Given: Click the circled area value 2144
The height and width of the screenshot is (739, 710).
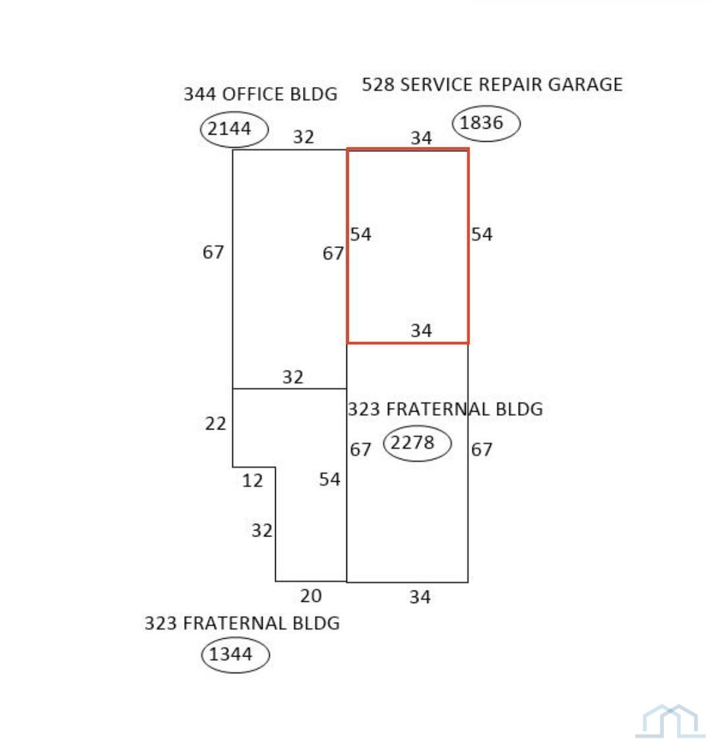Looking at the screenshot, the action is (230, 129).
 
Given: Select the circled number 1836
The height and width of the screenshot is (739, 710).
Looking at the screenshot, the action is (481, 123).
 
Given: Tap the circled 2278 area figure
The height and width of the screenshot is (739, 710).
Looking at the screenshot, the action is (412, 443).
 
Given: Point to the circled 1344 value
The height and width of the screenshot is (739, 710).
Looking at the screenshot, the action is (230, 654).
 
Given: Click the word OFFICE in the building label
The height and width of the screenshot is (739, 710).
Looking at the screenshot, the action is (253, 94).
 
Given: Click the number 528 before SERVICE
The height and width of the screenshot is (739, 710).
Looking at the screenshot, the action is (379, 84).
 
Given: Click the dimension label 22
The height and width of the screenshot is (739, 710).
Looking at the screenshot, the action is (216, 424).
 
